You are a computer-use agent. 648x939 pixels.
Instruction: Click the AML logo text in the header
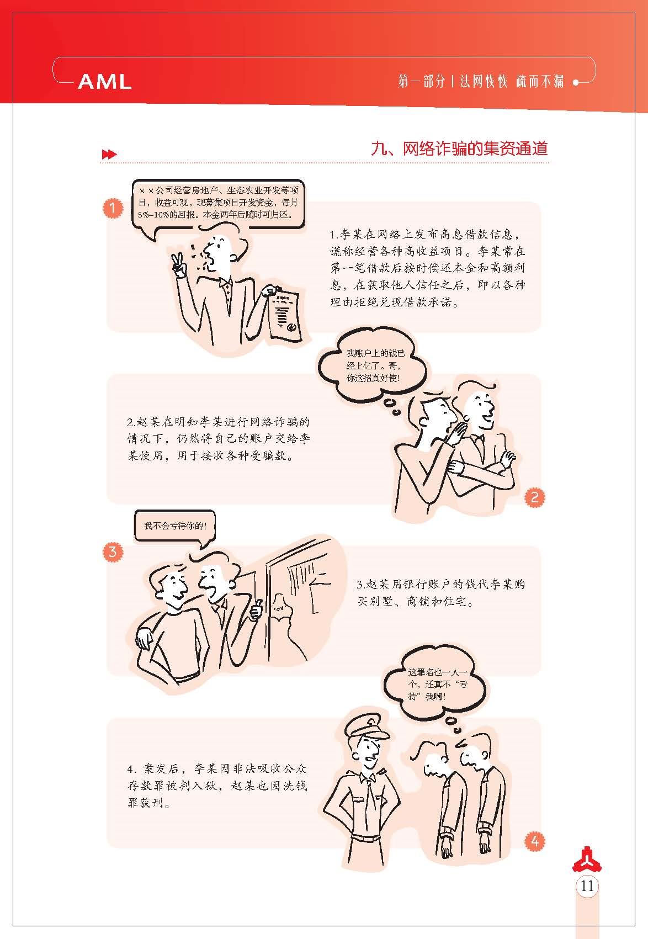click(105, 81)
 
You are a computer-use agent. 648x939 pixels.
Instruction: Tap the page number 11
click(587, 886)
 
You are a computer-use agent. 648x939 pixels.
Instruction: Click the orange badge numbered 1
click(113, 208)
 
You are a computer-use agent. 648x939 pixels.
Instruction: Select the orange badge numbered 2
click(535, 497)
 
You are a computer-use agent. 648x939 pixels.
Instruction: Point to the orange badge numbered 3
click(113, 551)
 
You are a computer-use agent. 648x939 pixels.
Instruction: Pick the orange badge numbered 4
click(535, 841)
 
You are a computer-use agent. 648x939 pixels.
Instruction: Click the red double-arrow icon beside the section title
click(109, 154)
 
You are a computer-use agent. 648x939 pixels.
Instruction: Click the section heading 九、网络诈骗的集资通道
click(459, 149)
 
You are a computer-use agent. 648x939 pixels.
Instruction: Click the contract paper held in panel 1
click(285, 313)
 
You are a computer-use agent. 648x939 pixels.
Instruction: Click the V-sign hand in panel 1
click(179, 266)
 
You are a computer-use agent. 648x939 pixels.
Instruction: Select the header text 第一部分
click(421, 81)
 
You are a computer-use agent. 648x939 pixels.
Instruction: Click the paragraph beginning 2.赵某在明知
click(219, 439)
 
